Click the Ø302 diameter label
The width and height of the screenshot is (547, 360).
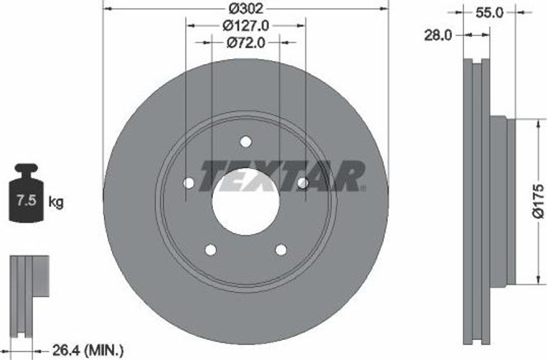245,9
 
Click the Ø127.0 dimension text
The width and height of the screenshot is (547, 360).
245,25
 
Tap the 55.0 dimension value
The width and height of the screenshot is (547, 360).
489,12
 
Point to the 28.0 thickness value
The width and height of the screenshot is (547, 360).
438,35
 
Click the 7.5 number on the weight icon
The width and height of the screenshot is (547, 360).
26,201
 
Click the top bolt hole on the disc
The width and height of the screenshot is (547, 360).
246,142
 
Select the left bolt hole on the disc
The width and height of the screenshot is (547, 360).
189,183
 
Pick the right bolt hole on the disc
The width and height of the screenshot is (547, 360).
302,183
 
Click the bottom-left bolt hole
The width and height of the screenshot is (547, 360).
210,249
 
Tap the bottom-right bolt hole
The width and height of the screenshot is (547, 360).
281,249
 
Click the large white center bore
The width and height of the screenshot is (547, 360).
246,202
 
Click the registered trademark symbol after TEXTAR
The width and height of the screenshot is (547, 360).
364,188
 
